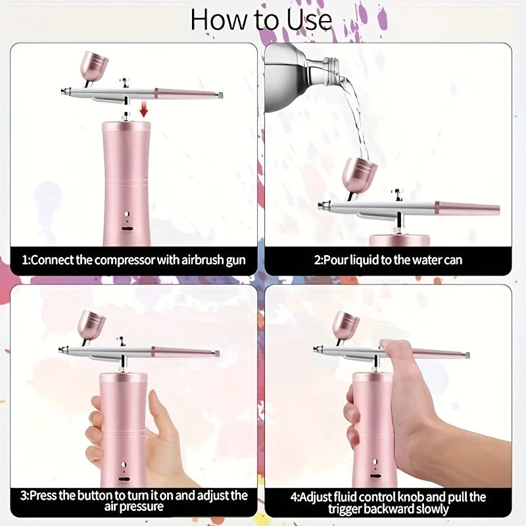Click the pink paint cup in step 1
(94, 66)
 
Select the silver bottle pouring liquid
(296, 73)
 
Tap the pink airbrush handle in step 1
(187, 94)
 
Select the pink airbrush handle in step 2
(467, 209)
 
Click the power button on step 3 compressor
(122, 464)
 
